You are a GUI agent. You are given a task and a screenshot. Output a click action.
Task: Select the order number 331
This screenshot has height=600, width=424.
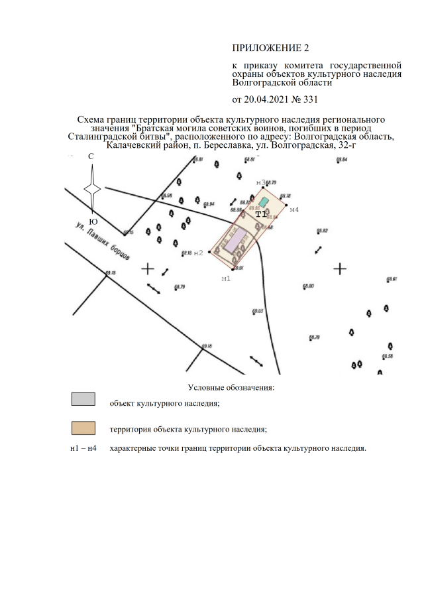click(310, 100)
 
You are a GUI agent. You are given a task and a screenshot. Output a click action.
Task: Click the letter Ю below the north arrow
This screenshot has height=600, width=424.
click(93, 221)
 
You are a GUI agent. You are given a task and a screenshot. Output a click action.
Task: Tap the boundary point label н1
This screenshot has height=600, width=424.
click(226, 279)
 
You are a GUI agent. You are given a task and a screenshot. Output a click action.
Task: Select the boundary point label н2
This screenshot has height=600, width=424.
click(198, 253)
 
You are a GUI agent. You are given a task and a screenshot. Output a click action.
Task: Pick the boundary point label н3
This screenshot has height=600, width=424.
click(260, 182)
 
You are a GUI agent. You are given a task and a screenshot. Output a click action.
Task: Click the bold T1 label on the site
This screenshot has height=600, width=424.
click(260, 214)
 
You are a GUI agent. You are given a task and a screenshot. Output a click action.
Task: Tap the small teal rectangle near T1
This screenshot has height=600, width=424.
click(264, 201)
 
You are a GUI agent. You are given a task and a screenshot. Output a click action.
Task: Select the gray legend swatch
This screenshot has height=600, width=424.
click(83, 399)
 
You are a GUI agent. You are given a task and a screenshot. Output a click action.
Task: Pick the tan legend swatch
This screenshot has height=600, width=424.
click(83, 428)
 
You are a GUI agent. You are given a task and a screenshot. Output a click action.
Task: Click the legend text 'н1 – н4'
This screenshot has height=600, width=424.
click(83, 449)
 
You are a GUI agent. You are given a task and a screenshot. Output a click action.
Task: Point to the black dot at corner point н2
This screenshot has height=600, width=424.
click(211, 252)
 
